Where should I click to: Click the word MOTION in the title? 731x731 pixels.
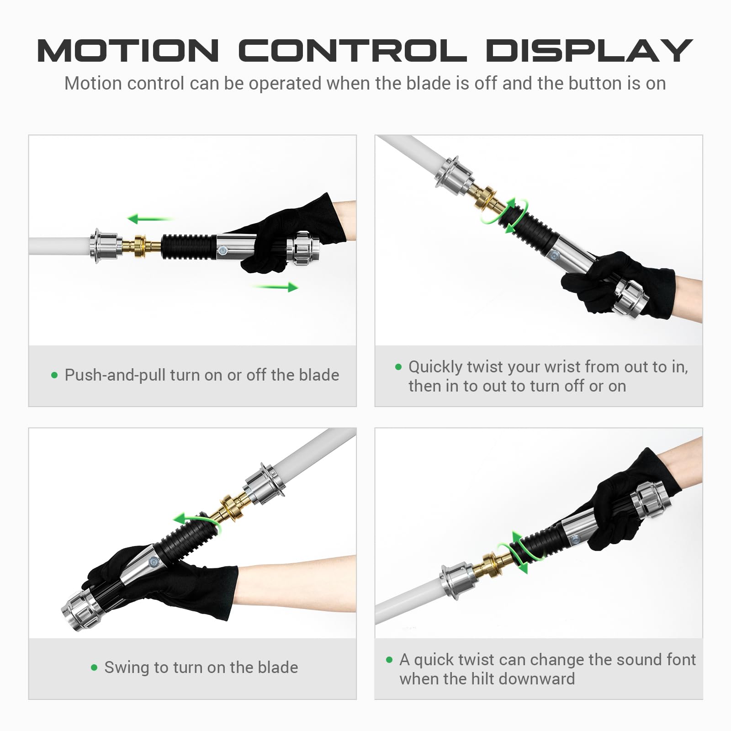coord(128,50)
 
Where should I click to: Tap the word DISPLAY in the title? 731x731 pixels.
coord(589,50)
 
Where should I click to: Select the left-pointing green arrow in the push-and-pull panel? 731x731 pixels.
coord(150,219)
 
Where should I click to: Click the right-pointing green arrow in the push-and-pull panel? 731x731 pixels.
coord(275,287)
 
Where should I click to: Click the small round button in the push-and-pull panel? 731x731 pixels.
coord(222,250)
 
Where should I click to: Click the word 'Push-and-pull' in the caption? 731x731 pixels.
coord(115,376)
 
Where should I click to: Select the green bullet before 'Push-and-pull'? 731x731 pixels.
coord(55,376)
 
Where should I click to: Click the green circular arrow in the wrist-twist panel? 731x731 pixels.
coord(505,216)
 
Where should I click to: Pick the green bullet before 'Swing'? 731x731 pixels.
coord(94,667)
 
